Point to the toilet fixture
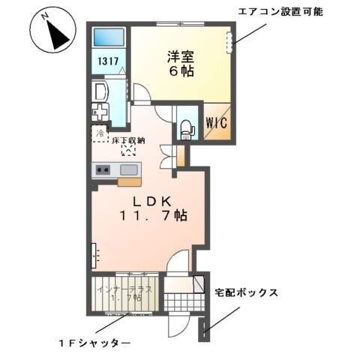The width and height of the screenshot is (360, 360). click(x=186, y=129)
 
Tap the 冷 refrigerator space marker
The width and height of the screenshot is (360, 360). click(x=100, y=134)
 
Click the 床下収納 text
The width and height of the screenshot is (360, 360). click(x=128, y=139)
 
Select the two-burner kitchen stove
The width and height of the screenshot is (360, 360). click(x=103, y=170)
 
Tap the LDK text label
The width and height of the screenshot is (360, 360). click(x=154, y=201)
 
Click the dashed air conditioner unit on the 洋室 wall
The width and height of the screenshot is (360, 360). click(x=230, y=42)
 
